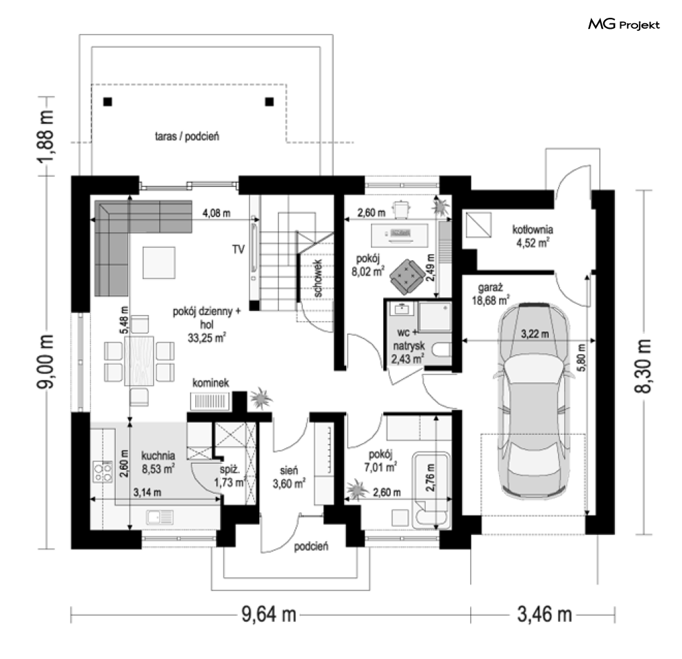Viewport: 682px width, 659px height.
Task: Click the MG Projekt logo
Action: point(624,25)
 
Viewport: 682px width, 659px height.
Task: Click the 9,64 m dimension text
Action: point(269,614)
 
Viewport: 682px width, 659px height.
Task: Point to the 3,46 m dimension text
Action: point(544,614)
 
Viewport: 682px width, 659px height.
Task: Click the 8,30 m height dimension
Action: point(643,366)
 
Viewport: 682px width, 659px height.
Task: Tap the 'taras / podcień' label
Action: point(187,136)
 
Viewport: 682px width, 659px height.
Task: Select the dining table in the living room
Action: point(138,361)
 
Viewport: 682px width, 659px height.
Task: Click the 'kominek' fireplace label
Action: point(210,383)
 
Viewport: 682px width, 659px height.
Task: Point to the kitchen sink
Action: point(160,517)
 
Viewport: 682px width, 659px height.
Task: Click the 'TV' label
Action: point(239,249)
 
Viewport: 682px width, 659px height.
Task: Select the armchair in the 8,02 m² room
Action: point(407,277)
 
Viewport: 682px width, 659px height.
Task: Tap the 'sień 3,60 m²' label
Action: point(289,477)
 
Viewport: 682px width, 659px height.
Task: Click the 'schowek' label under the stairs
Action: point(318,278)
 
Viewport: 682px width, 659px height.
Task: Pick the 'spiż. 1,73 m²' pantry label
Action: point(230,476)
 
